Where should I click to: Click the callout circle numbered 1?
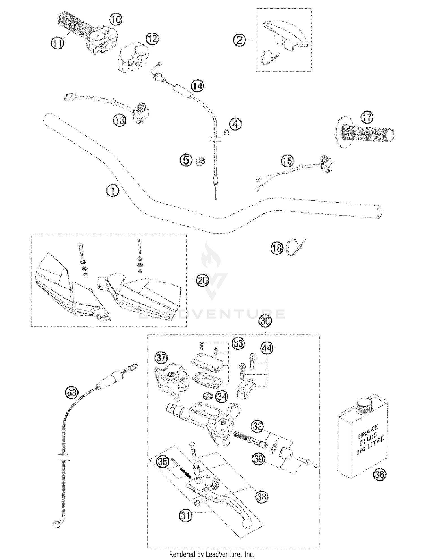click(113, 191)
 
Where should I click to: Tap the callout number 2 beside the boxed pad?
click(239, 40)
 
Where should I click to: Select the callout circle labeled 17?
click(367, 117)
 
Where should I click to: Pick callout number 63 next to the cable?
click(71, 393)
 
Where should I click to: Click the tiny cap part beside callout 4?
click(226, 132)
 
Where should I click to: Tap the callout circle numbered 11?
click(57, 43)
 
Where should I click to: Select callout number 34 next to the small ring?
click(222, 397)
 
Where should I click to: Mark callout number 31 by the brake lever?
click(185, 515)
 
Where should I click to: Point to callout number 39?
click(259, 459)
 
